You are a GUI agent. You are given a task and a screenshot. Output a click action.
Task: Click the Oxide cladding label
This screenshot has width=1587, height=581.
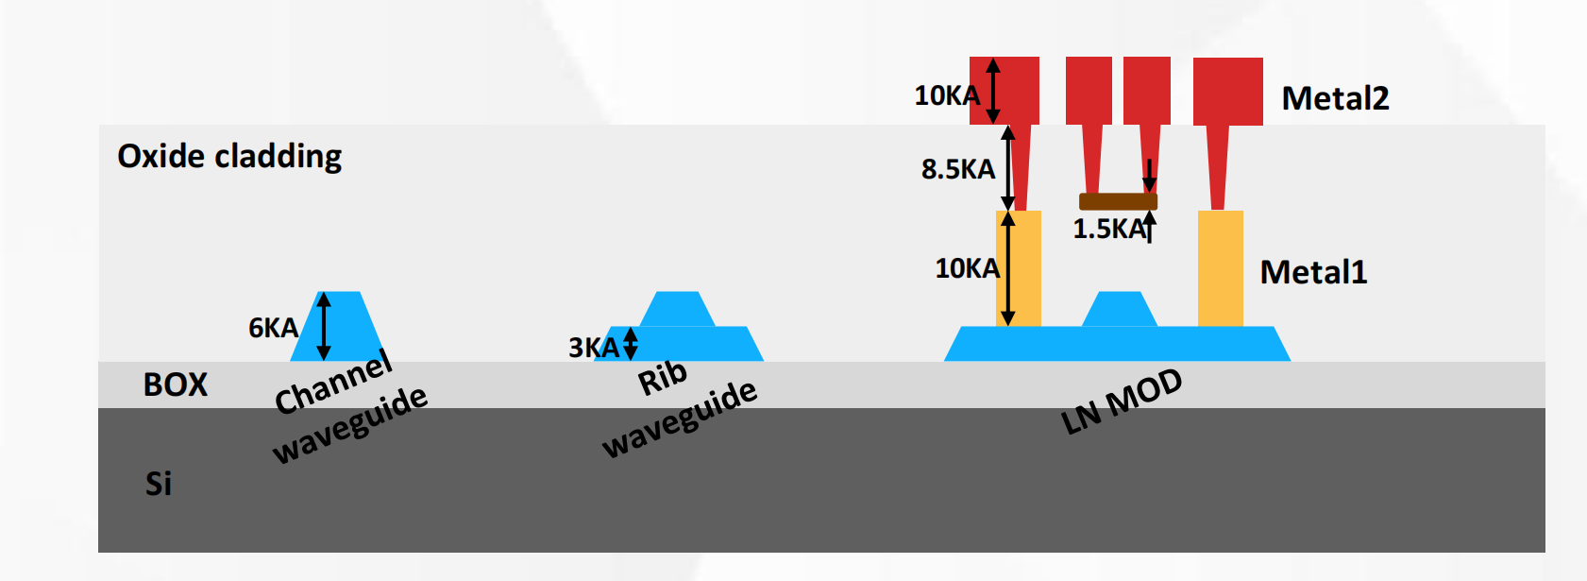229,156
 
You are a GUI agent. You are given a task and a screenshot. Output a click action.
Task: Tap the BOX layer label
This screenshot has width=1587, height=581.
176,384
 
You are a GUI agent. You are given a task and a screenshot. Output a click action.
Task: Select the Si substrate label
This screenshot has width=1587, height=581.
159,484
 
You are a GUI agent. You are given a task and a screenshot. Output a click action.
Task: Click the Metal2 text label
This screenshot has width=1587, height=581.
1335,98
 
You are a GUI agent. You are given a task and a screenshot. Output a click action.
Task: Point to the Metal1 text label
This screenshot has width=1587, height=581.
1313,272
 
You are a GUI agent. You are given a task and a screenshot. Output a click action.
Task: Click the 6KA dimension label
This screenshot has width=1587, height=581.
273,328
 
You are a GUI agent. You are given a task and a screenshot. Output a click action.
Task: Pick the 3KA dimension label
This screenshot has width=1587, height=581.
593,348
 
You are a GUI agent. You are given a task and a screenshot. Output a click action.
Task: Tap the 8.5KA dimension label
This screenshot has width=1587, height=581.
958,169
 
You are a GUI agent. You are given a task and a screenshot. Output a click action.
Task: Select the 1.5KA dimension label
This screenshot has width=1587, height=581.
1108,229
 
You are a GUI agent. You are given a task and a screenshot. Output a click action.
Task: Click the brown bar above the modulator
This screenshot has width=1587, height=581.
1118,201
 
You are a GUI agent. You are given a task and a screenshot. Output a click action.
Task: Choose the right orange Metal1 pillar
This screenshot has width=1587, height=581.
1220,268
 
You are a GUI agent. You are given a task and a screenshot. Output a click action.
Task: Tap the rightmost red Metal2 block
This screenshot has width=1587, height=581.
1227,91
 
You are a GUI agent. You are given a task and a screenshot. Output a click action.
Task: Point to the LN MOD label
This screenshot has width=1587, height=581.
1122,402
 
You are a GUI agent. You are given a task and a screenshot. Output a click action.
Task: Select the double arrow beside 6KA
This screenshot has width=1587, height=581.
324,326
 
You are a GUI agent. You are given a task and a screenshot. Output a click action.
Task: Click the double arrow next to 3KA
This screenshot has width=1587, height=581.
631,344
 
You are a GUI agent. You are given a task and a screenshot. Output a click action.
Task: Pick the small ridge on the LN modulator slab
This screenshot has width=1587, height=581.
1119,310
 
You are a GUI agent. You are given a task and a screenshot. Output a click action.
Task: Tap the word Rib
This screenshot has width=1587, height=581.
663,378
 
